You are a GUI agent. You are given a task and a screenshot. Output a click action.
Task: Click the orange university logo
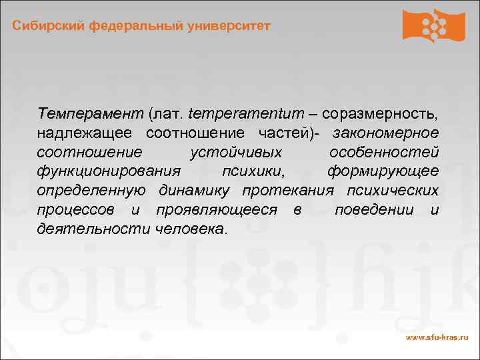(x=433, y=26)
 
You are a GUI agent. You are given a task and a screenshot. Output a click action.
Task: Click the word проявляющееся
(x=217, y=210)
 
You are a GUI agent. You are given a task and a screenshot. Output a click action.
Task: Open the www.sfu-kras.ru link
(x=437, y=338)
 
